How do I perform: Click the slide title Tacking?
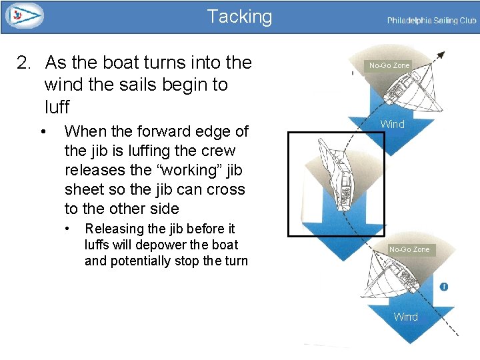pos(239,17)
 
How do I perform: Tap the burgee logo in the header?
pos(24,15)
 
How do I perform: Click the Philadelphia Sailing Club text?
pos(431,21)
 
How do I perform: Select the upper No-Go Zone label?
pos(389,65)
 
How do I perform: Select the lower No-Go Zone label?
pos(409,249)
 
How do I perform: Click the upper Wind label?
pos(392,124)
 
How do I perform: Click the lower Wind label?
pos(405,317)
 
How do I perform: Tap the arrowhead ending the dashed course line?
pos(441,55)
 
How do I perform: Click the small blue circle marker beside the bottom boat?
pos(444,287)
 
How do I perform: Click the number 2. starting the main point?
pos(24,63)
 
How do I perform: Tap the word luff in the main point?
pos(57,107)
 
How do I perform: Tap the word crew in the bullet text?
pos(217,151)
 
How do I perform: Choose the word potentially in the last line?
pos(141,261)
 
